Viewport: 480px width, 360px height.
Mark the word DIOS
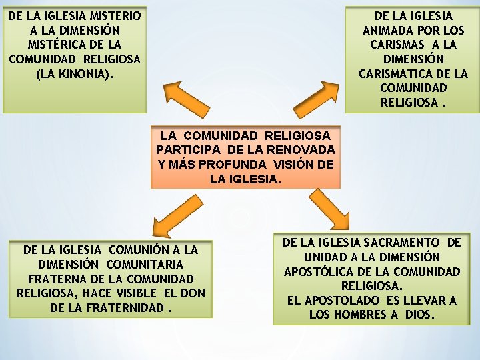pos(419,315)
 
